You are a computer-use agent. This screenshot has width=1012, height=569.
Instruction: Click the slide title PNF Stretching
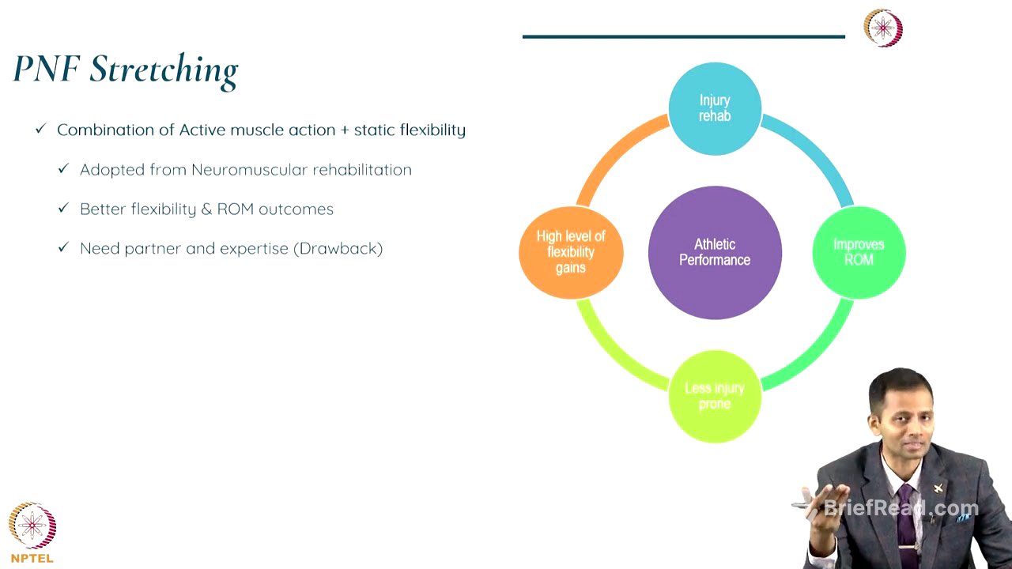point(126,70)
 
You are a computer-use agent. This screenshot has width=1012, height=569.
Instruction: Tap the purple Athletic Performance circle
point(715,252)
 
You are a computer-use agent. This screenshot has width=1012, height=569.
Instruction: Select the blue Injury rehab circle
point(715,108)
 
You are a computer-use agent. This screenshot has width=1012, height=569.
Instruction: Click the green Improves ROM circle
point(859,252)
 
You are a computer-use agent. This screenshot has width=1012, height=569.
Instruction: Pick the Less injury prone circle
point(715,396)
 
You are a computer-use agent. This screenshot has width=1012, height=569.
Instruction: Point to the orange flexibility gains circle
point(571,252)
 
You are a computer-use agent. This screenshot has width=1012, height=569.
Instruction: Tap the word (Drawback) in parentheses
point(338,249)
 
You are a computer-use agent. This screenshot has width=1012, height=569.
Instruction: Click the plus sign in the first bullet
point(344,130)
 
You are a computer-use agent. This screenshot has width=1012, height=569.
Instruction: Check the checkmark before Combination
point(41,129)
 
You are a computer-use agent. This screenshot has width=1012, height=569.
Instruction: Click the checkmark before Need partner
point(64,248)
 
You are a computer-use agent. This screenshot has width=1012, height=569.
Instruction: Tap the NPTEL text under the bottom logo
point(32,558)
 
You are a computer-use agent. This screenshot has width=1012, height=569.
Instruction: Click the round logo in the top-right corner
point(883,28)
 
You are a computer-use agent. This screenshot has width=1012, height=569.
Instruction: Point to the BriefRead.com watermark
point(901,508)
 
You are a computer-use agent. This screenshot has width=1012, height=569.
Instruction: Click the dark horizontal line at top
point(683,36)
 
